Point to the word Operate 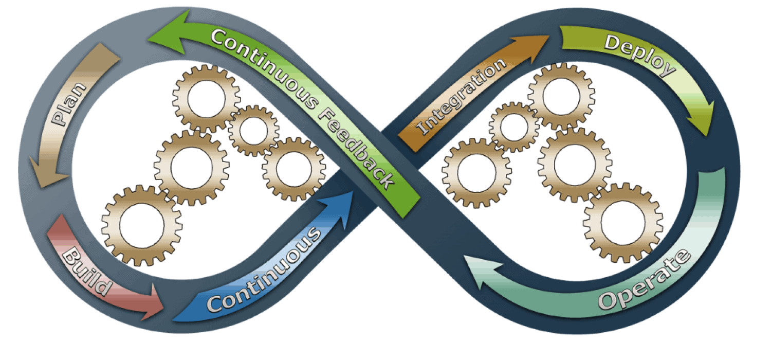point(645,280)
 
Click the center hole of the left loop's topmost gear point(207,98)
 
